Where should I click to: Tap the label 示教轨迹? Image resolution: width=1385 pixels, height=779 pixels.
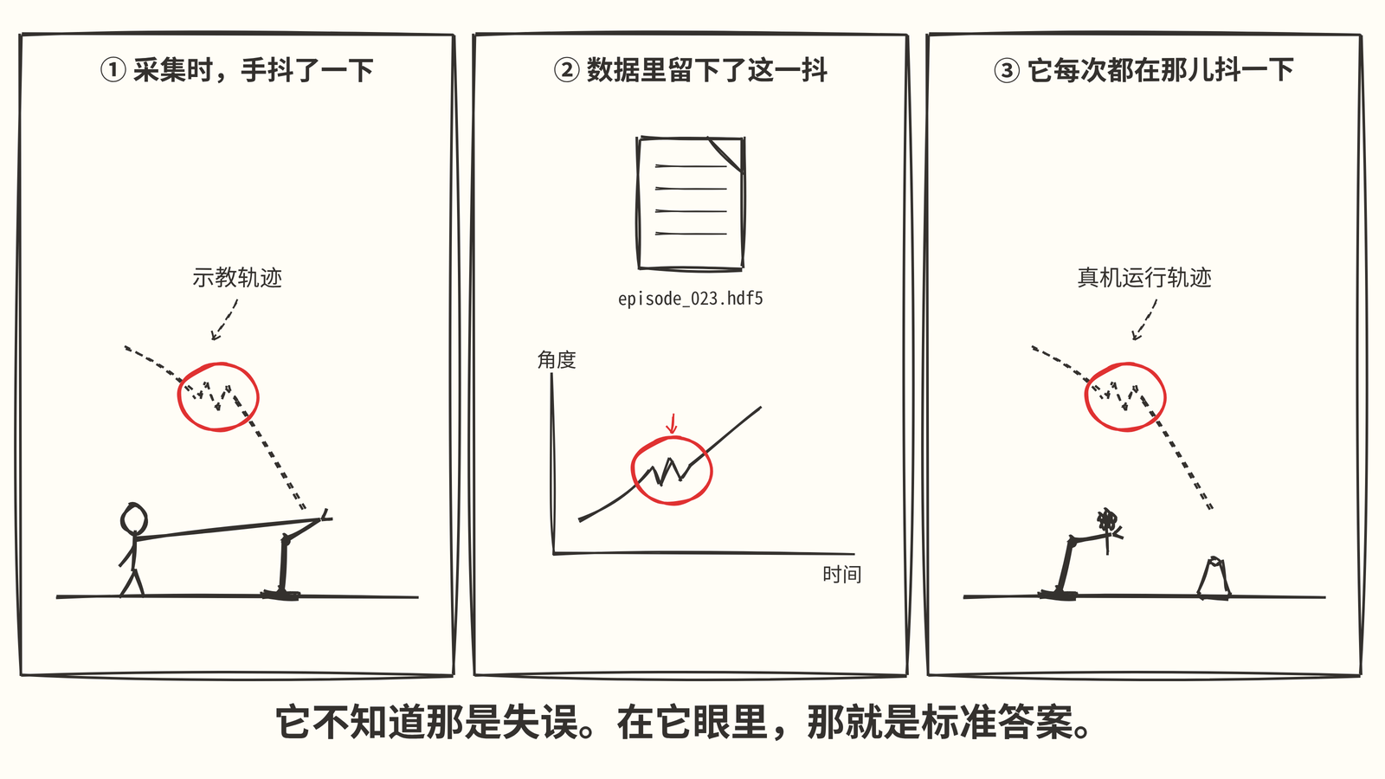[237, 278]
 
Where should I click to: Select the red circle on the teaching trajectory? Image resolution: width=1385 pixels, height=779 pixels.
[179, 396]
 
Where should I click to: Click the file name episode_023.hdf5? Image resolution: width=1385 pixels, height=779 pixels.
[691, 299]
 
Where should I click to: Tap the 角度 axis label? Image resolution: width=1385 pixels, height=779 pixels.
[557, 360]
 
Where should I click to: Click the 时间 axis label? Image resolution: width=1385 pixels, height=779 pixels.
[841, 575]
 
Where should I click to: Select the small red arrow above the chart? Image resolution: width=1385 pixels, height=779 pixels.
[672, 423]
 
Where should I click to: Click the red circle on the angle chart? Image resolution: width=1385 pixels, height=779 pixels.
[633, 471]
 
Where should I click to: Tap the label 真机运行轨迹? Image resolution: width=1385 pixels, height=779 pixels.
[1144, 278]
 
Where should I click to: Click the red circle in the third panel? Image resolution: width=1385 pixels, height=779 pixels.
[1086, 396]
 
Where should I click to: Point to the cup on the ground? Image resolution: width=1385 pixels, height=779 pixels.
[1214, 577]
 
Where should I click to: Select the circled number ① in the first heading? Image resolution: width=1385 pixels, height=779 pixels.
[113, 70]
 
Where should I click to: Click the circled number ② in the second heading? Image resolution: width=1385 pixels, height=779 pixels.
[566, 70]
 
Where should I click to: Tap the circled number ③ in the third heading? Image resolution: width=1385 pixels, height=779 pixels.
[1007, 70]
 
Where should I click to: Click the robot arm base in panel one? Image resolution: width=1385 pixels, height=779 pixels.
[281, 595]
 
